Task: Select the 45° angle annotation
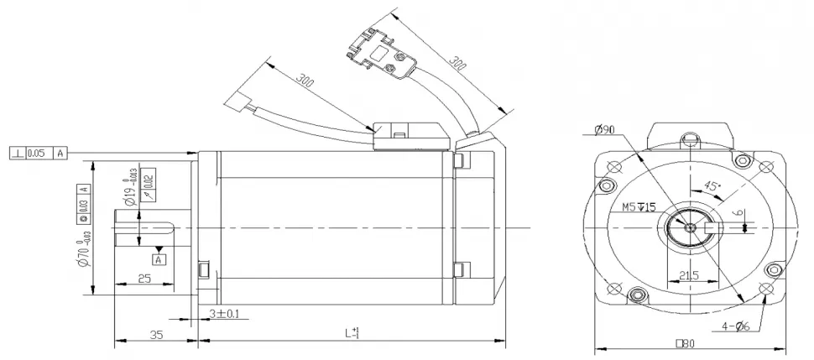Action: tap(712, 186)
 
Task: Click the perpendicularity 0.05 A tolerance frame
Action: tap(39, 153)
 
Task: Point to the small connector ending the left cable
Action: tap(237, 104)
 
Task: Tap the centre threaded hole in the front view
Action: tap(690, 227)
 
